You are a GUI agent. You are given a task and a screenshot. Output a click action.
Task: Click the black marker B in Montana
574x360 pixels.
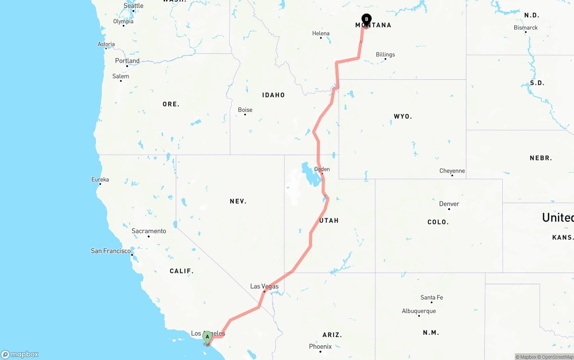pyautogui.click(x=366, y=19)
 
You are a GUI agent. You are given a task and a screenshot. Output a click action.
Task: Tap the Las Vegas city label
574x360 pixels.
pyautogui.click(x=264, y=286)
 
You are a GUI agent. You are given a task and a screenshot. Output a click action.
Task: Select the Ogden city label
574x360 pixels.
pyautogui.click(x=322, y=169)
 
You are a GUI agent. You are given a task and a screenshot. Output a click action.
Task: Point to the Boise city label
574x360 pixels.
pyautogui.click(x=245, y=110)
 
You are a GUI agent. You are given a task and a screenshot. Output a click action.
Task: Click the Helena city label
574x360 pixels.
pyautogui.click(x=321, y=33)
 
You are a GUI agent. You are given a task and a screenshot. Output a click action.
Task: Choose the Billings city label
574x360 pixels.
pyautogui.click(x=385, y=55)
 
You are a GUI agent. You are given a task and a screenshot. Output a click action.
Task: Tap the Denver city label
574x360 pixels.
pyautogui.click(x=449, y=204)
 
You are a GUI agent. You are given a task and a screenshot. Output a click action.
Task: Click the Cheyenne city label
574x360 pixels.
pyautogui.click(x=452, y=171)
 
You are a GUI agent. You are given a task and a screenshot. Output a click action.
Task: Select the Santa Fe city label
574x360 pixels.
pyautogui.click(x=431, y=297)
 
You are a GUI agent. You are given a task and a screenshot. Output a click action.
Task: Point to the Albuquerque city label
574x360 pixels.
pyautogui.click(x=418, y=311)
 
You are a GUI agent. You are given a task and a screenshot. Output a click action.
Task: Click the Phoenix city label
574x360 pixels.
pyautogui.click(x=320, y=347)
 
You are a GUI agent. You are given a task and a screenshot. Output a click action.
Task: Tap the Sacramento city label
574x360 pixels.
pyautogui.click(x=148, y=231)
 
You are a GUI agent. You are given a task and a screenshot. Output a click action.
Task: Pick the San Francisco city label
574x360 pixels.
pyautogui.click(x=111, y=251)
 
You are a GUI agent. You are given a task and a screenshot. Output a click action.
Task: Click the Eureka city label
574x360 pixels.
pyautogui.click(x=100, y=179)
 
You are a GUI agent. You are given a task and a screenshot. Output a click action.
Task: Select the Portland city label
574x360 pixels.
pyautogui.click(x=127, y=61)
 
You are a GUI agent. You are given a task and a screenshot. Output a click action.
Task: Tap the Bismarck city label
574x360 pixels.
pyautogui.click(x=526, y=27)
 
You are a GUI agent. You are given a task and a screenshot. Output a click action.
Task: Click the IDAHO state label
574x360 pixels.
pyautogui.click(x=274, y=95)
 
